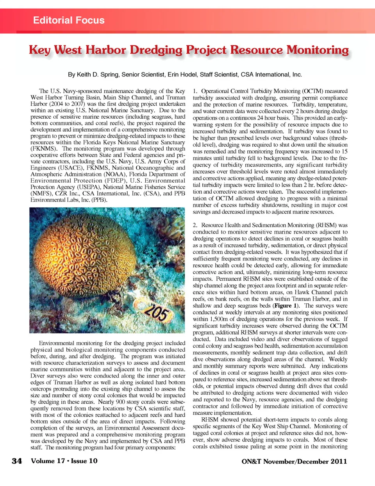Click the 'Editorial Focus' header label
tap(69, 20)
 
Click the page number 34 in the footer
tap(17, 461)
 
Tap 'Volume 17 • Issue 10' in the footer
tap(64, 461)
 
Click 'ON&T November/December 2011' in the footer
tap(294, 461)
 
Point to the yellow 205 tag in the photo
tap(157, 313)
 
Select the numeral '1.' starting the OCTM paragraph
tap(195, 91)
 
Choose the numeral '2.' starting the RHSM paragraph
tap(195, 225)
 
